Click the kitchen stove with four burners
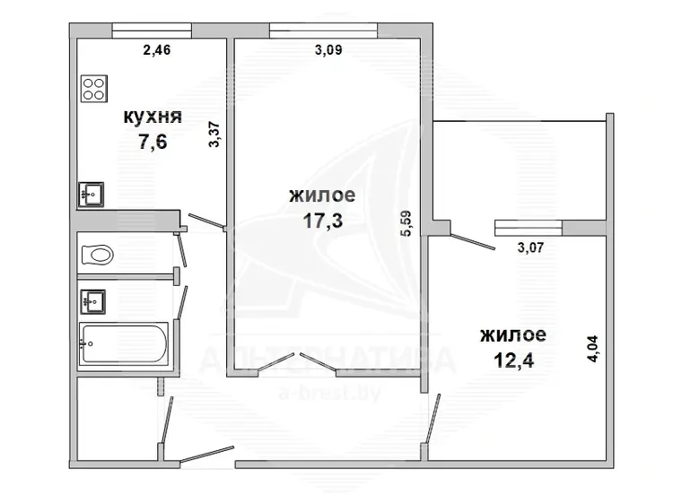(x=94, y=89)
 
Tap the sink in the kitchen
(x=91, y=195)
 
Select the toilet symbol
(x=98, y=255)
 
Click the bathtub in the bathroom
(x=124, y=344)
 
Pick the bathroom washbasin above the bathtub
(x=93, y=301)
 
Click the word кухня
(x=153, y=117)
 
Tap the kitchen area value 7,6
(x=153, y=142)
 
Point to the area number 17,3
(x=323, y=221)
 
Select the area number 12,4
(x=514, y=360)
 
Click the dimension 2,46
(x=157, y=50)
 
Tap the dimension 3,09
(x=328, y=50)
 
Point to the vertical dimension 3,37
(x=214, y=134)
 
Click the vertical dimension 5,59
(x=406, y=223)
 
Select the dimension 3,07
(x=531, y=247)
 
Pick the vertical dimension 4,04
(x=592, y=348)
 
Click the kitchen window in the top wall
(x=152, y=30)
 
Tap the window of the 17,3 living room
(x=324, y=30)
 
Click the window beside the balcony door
(x=529, y=228)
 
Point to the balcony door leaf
(x=473, y=241)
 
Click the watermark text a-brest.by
(x=329, y=394)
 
